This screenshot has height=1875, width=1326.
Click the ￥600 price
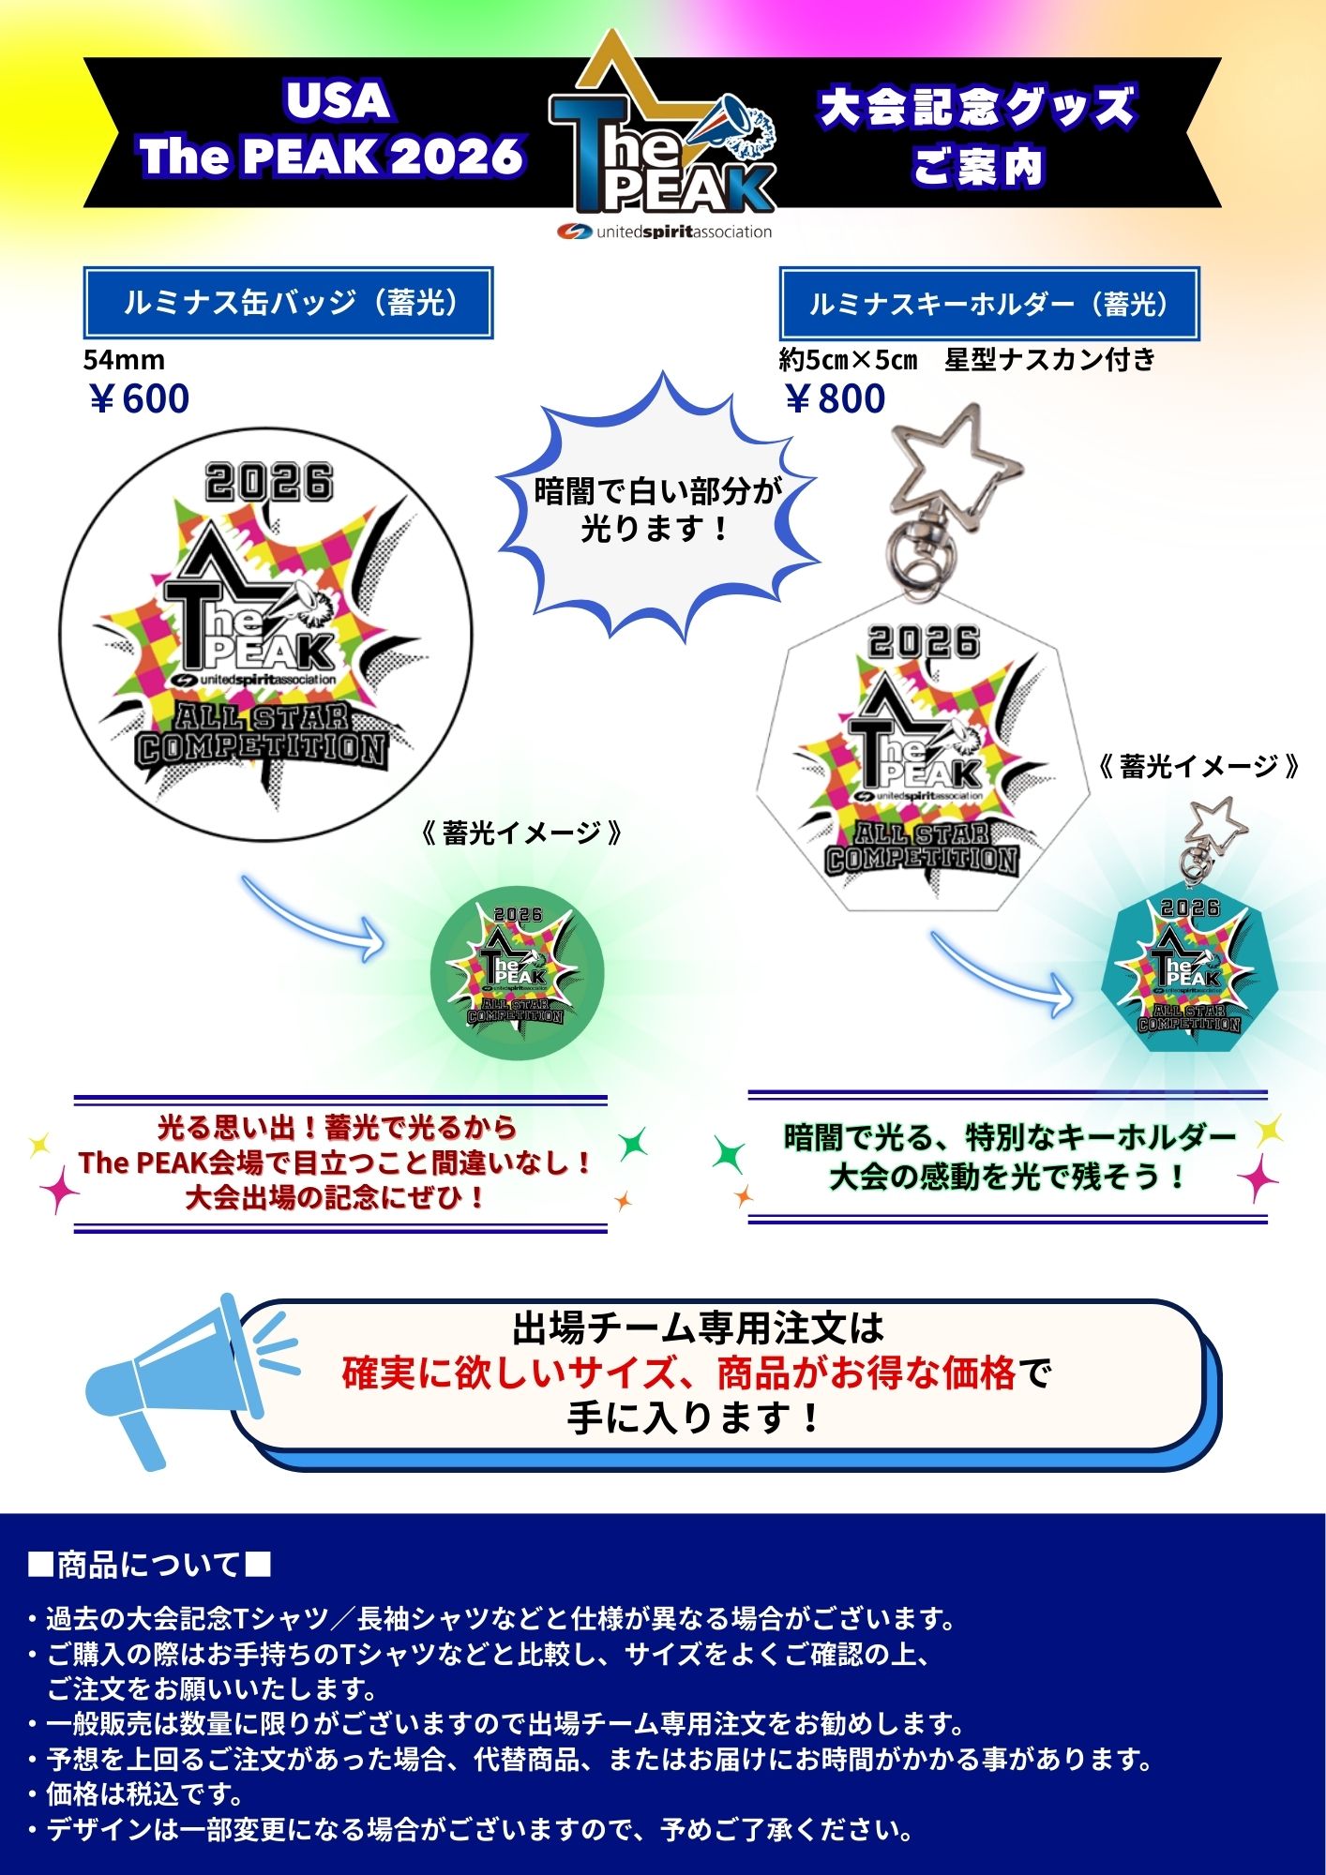[x=139, y=398]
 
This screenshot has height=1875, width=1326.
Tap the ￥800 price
[x=835, y=398]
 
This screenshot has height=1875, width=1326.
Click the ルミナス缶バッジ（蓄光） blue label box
[x=289, y=303]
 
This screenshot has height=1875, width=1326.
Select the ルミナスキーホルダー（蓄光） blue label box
[x=989, y=304]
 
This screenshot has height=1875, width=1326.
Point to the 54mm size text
[x=124, y=359]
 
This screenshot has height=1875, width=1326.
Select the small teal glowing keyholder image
[x=1188, y=966]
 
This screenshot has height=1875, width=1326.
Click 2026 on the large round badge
[x=269, y=483]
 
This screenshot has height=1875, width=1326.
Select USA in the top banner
[x=338, y=101]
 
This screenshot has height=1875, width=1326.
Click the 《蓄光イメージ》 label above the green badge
[x=521, y=833]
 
